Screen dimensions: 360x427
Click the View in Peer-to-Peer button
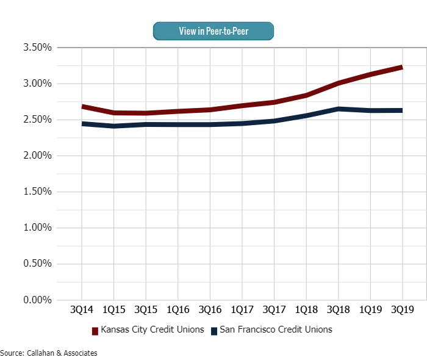click(213, 31)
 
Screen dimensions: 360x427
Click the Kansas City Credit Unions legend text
click(152, 330)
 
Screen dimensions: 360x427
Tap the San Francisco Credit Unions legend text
click(276, 330)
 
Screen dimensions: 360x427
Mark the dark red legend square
click(95, 331)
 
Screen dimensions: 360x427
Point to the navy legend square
click(214, 331)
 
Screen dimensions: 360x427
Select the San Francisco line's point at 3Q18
click(338, 109)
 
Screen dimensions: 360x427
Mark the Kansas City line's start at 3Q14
click(82, 107)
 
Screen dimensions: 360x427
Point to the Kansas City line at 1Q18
click(306, 95)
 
